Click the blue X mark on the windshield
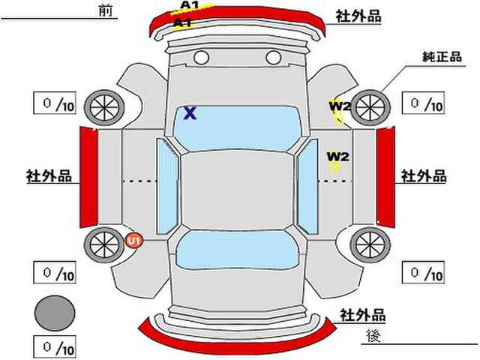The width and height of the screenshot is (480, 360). point(190,113)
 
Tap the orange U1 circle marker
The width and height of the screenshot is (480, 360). point(134,240)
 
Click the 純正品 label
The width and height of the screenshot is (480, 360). point(442,57)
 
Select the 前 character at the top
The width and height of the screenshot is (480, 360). point(106,10)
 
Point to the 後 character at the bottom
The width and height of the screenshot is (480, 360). point(373,335)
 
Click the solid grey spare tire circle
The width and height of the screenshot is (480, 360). point(55,313)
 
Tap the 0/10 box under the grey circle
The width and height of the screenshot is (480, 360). point(55,347)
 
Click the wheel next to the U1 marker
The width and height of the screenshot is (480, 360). point(104,244)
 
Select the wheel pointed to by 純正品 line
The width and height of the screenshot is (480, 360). point(370,107)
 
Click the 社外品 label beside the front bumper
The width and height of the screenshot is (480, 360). point(358,16)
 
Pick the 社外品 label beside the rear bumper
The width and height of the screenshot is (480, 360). point(363,315)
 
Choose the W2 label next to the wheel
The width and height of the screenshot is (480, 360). point(340,106)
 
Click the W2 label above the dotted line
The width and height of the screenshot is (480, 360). point(338,157)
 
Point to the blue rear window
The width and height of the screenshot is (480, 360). point(237,250)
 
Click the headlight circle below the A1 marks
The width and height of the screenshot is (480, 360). point(201,57)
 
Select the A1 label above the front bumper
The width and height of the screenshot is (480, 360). point(190,5)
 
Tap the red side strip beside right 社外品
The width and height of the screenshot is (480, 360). point(385,177)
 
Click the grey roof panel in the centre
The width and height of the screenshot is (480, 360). point(237,190)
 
